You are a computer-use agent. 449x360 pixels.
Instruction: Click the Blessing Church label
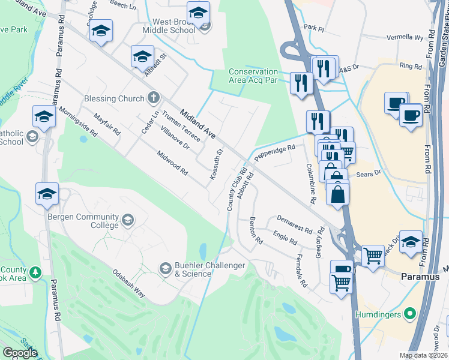tap(115, 98)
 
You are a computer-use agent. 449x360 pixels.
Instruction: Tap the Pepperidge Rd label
tap(275, 152)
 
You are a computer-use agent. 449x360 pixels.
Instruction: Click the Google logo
tap(20, 353)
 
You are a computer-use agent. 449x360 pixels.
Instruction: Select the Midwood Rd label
tap(173, 163)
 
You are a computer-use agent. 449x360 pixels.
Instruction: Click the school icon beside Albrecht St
tap(142, 56)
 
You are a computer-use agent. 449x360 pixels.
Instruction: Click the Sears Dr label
tap(369, 173)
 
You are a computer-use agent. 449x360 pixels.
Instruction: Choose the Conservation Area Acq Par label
tap(253, 76)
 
